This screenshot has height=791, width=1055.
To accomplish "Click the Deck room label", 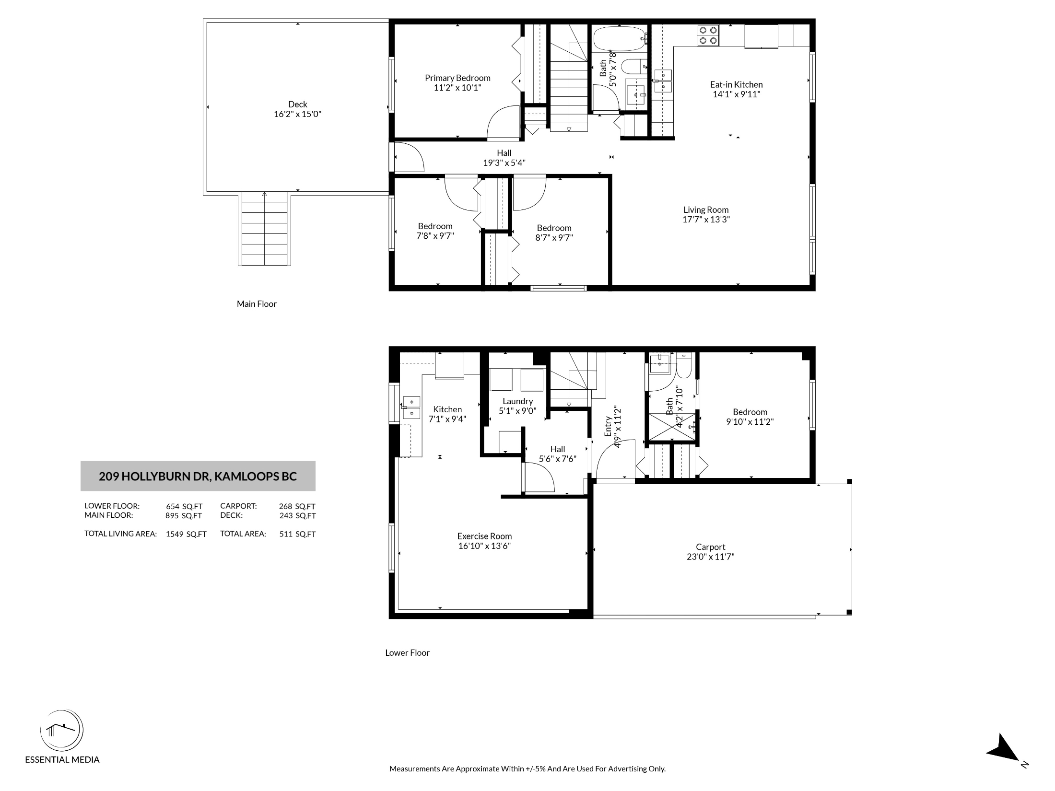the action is click(x=298, y=104).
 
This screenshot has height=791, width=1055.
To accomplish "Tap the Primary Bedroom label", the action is click(x=457, y=78).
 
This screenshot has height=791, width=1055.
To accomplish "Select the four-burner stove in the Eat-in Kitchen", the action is click(x=708, y=35).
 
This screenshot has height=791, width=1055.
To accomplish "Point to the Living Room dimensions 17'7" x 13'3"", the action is click(x=706, y=220).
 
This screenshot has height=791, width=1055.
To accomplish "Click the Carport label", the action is click(x=710, y=547).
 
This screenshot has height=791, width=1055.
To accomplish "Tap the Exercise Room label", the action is click(x=484, y=536).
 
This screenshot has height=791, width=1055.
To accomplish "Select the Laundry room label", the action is click(x=517, y=401).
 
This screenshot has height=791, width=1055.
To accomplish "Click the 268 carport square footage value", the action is click(x=285, y=506).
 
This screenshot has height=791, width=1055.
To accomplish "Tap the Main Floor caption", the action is click(x=257, y=304).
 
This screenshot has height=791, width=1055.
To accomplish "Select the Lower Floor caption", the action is click(x=407, y=652).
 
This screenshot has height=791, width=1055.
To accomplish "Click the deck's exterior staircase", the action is click(x=264, y=229).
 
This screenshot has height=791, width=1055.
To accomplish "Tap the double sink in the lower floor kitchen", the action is click(x=411, y=407).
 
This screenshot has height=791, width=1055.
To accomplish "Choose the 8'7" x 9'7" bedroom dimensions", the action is click(x=554, y=237).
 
